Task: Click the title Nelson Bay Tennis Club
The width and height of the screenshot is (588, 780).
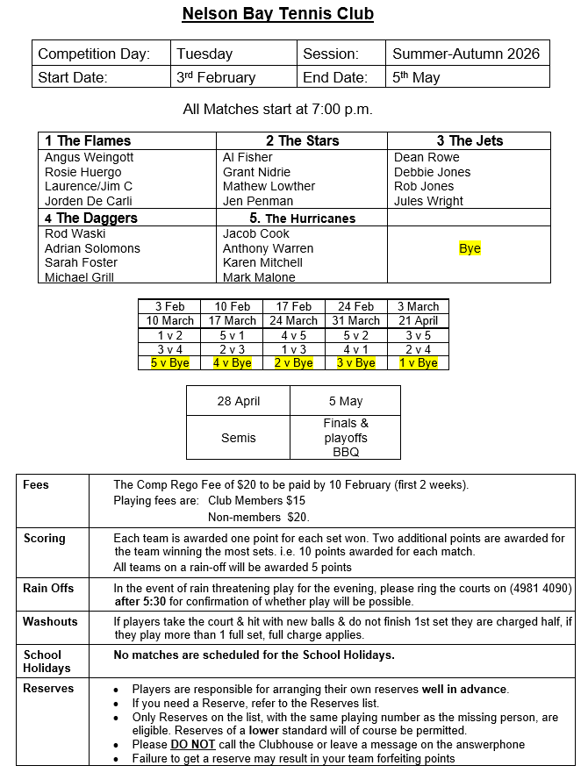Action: click(x=277, y=14)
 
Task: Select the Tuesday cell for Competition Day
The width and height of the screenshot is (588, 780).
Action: click(x=204, y=54)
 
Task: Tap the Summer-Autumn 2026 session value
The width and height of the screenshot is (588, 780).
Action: click(x=466, y=54)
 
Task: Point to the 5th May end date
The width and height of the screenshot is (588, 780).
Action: click(x=416, y=77)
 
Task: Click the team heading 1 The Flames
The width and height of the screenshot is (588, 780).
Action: click(x=88, y=140)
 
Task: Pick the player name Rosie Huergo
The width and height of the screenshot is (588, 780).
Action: click(x=83, y=172)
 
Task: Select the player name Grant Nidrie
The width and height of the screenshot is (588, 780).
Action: click(x=257, y=172)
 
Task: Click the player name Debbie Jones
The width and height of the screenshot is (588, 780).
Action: click(x=432, y=172)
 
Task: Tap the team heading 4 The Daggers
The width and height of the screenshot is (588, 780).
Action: click(x=91, y=218)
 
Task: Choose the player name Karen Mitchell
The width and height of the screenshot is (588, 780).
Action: click(x=262, y=262)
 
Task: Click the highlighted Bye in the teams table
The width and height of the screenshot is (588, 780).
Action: click(x=470, y=248)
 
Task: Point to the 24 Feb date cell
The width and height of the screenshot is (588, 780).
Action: click(x=355, y=306)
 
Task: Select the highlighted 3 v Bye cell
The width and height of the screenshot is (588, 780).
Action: click(x=355, y=362)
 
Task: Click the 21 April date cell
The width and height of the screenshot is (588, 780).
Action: click(x=418, y=320)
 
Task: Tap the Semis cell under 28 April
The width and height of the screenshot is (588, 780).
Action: click(x=238, y=438)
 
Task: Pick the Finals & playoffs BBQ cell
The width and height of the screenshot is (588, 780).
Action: click(x=346, y=438)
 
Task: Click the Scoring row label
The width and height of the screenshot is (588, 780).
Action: click(x=45, y=538)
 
